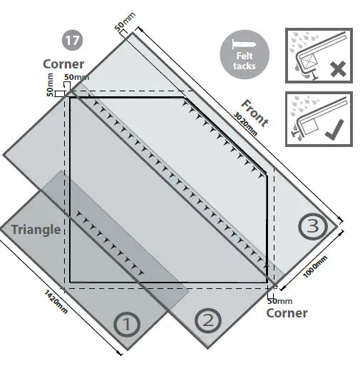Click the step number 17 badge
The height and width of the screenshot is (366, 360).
[73, 41]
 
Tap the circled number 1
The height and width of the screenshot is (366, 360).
[127, 325]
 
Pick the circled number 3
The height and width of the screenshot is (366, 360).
[314, 227]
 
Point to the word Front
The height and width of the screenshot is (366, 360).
[254, 112]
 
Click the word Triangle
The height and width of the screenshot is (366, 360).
[36, 230]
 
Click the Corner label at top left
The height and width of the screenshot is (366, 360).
[63, 64]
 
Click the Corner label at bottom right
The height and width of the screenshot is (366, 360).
[288, 313]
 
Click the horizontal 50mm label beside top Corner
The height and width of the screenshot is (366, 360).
[76, 77]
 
